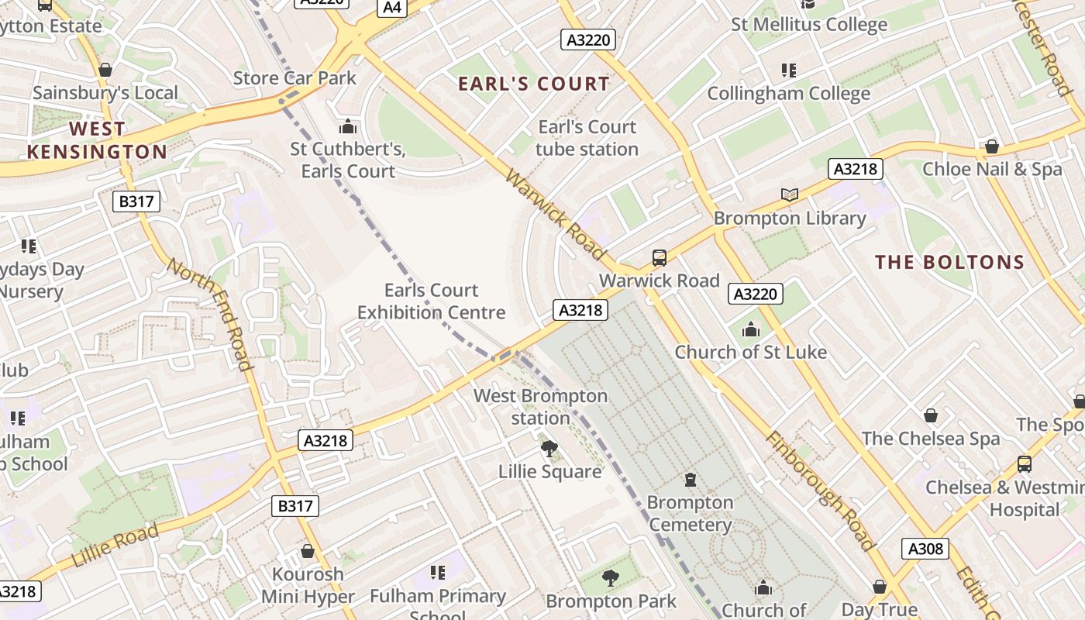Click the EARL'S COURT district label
point(534,84)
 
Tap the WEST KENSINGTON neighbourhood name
point(97,140)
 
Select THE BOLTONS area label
point(950,262)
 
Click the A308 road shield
point(925,549)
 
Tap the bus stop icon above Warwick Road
point(660,257)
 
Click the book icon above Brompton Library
point(790,195)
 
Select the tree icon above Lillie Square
point(549,448)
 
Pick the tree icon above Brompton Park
point(611,577)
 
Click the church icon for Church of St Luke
point(750,329)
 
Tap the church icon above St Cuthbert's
point(348,126)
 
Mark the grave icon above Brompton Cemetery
point(691,480)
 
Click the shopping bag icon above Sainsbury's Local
point(105,70)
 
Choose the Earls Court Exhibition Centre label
point(431,301)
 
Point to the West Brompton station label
point(540,407)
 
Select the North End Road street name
point(209,315)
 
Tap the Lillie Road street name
point(115,545)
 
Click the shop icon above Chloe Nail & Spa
point(991,146)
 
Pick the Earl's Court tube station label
point(587,138)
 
